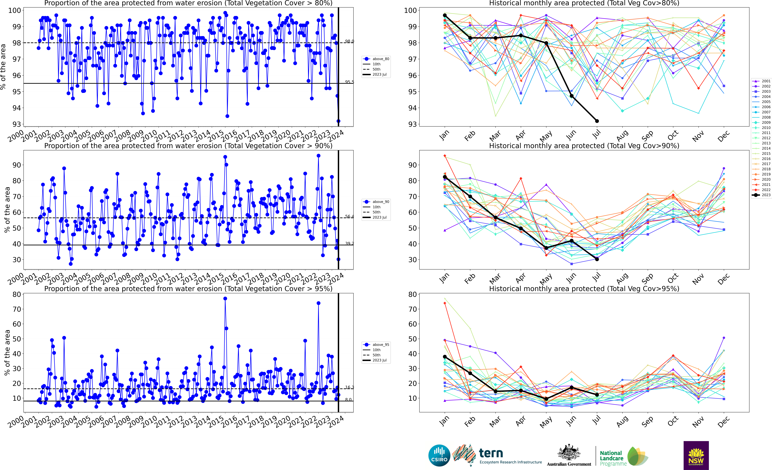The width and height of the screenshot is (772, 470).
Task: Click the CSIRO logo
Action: [x=439, y=455]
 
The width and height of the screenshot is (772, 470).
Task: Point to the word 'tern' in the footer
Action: [x=491, y=453]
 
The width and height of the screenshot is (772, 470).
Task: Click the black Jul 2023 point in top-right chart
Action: [x=597, y=121]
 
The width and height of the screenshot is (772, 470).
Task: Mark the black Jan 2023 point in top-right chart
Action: [x=445, y=15]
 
